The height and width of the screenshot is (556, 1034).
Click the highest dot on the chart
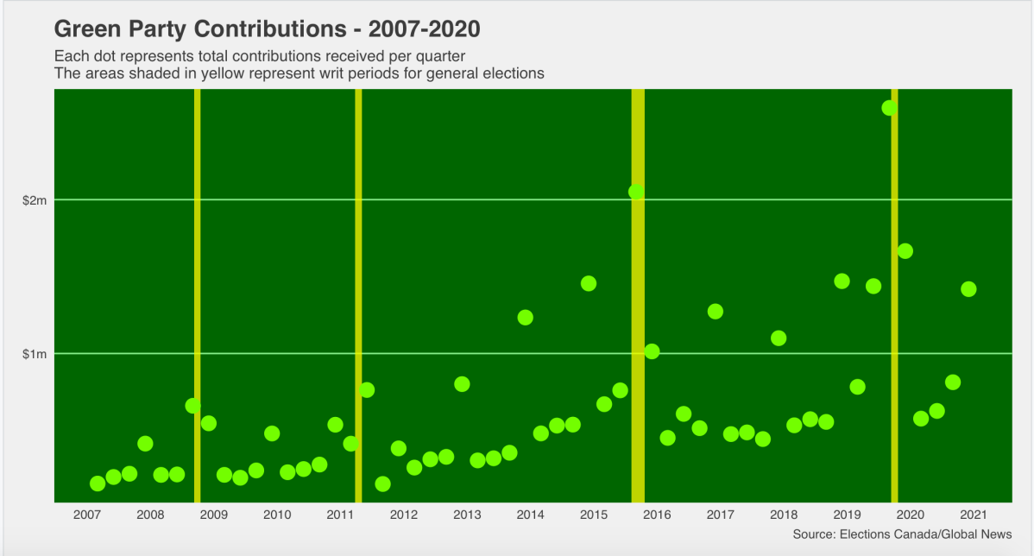[889, 108]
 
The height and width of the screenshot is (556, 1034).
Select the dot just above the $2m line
[636, 192]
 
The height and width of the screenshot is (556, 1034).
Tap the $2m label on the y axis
[35, 200]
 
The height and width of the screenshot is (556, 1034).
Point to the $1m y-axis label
[35, 354]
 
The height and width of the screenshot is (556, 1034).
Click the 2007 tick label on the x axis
[86, 515]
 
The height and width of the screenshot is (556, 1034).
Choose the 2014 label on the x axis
[530, 515]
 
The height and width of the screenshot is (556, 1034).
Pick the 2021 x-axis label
[974, 515]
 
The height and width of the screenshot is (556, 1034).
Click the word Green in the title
[85, 28]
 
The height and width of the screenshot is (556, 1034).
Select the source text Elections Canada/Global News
[924, 534]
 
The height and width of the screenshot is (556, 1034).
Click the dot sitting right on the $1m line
[652, 351]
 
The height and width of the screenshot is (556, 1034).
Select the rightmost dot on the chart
[968, 289]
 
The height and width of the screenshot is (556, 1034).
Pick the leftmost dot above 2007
[98, 483]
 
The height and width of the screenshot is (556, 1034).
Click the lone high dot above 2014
[525, 318]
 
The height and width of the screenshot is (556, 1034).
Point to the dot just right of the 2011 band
[367, 390]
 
